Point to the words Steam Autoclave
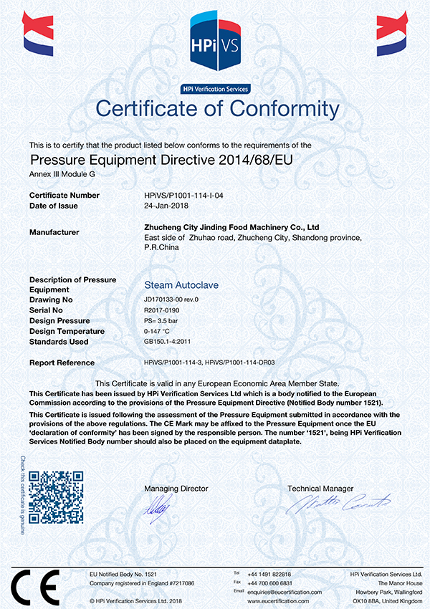181,284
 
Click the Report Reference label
62,363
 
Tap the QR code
56,497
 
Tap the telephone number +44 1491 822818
269,575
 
